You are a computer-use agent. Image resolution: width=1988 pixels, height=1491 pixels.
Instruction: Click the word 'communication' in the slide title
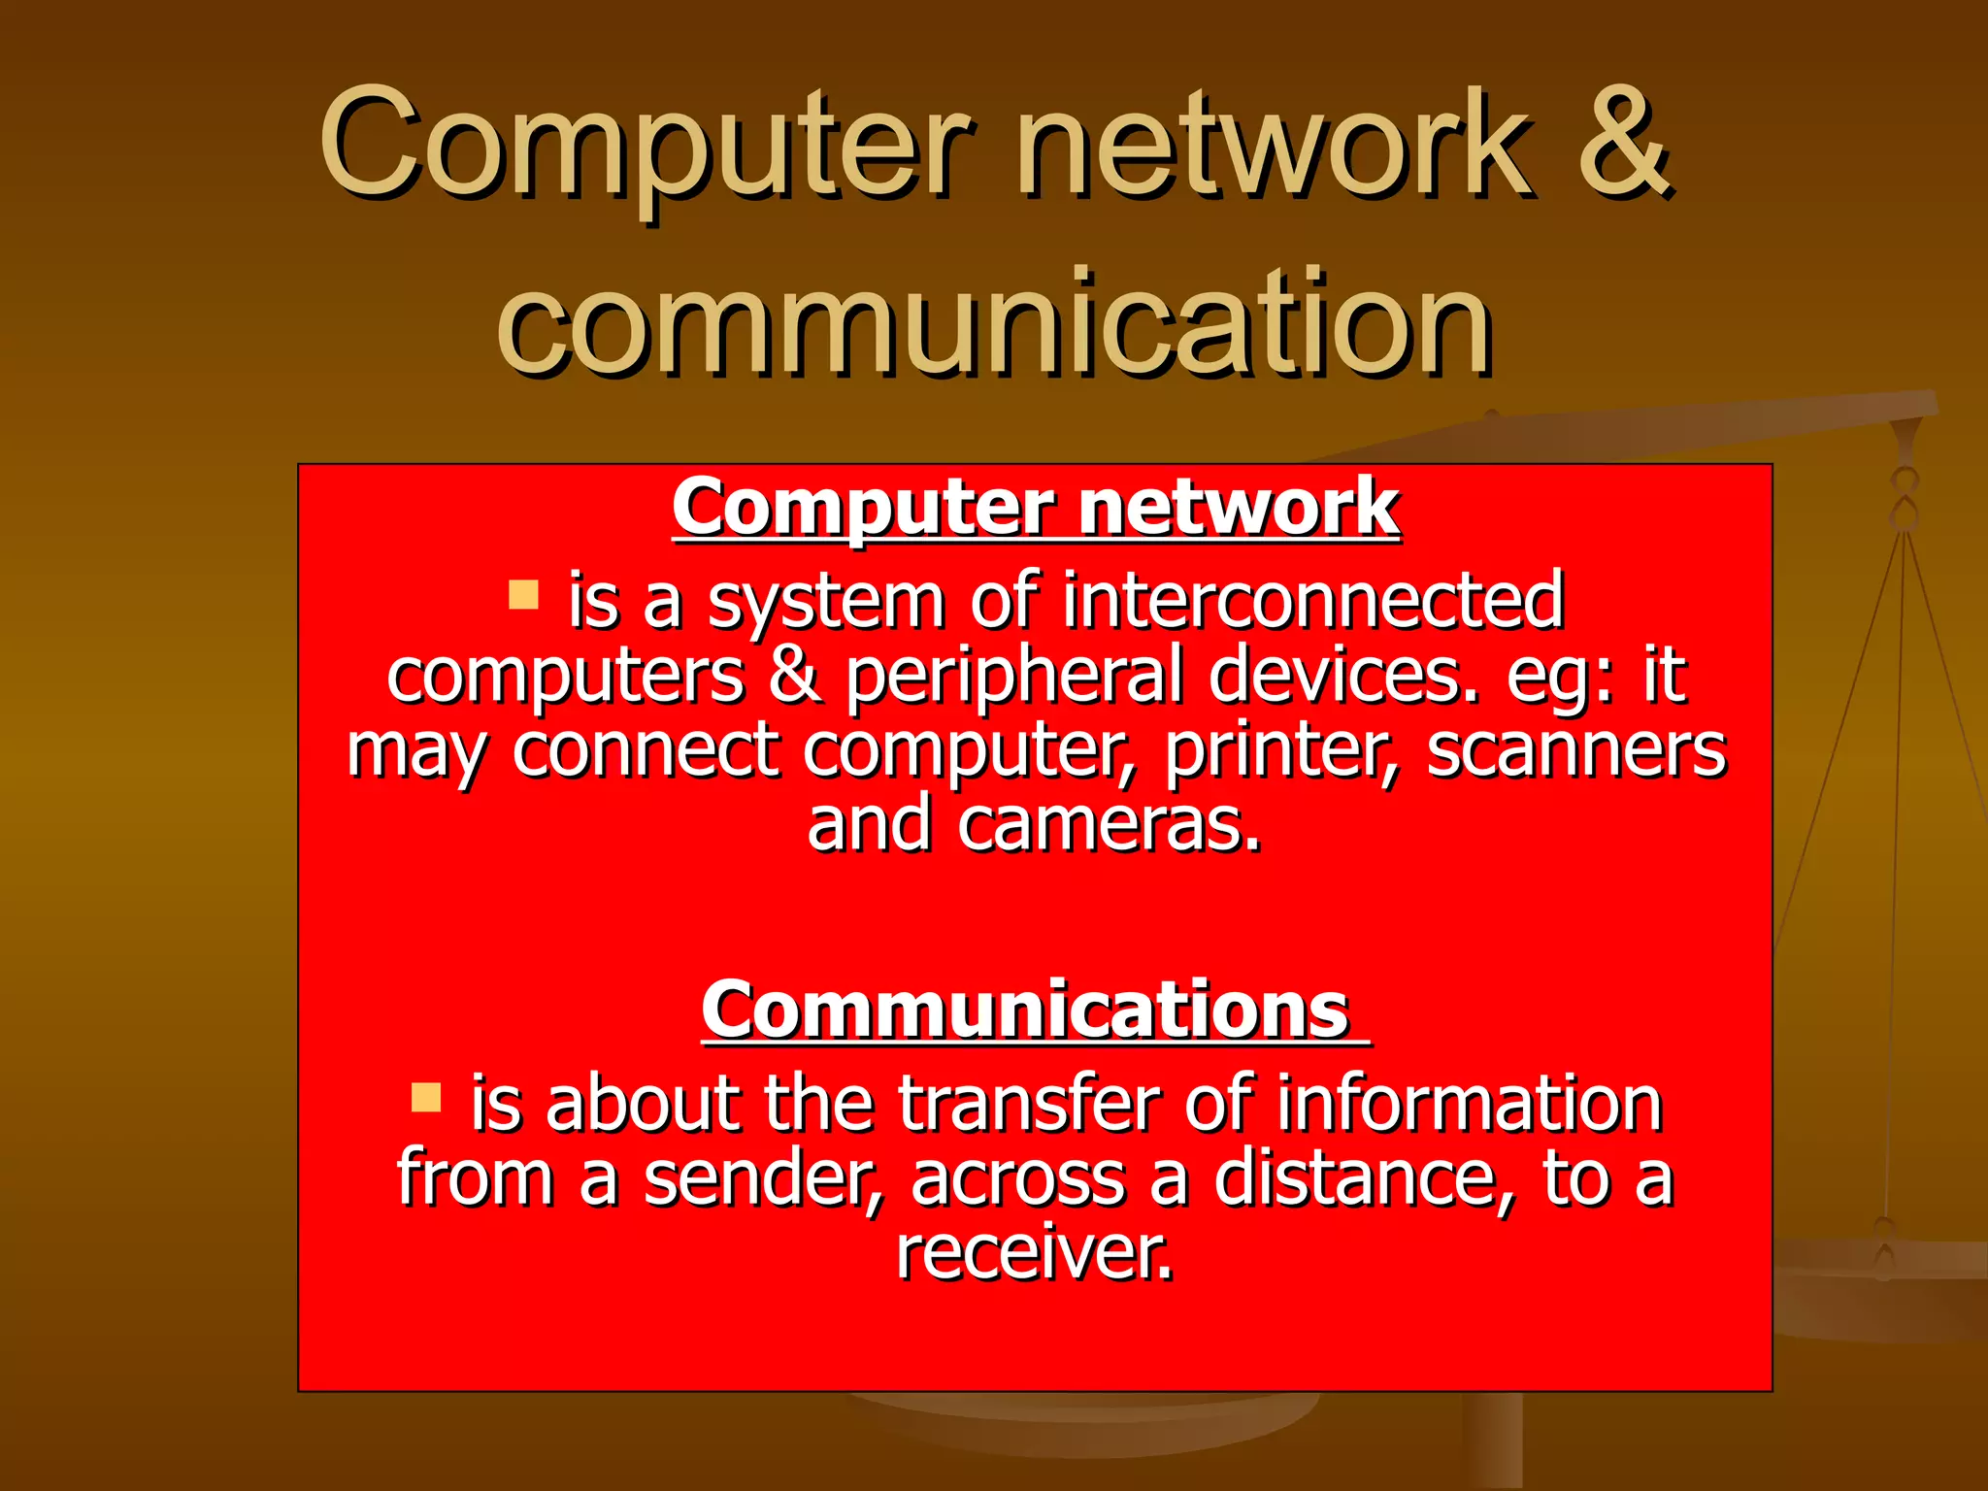tap(995, 322)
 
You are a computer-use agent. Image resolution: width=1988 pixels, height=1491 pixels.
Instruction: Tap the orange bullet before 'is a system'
tap(523, 594)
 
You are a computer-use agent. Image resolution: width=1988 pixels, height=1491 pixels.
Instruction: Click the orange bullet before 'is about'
tap(426, 1098)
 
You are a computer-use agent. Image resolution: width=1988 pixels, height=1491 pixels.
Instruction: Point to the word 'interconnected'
tap(1312, 601)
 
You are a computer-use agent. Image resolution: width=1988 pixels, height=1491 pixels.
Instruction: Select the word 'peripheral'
tap(1014, 676)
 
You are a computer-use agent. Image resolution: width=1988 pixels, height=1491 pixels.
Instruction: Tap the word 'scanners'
tap(1576, 750)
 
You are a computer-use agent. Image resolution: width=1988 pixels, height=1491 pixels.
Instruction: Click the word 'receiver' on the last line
tap(1034, 1252)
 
